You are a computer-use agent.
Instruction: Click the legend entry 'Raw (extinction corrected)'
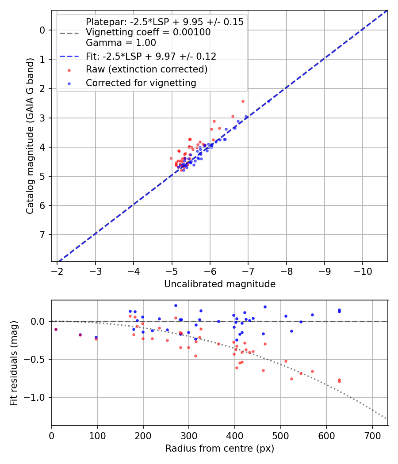[146, 69]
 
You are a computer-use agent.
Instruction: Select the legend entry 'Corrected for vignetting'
[141, 83]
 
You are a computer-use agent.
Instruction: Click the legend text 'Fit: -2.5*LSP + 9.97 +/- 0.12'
[151, 56]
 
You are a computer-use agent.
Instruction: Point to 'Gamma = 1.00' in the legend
[121, 43]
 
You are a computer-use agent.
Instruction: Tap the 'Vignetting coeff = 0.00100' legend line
[148, 32]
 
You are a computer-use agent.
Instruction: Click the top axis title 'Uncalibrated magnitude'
[220, 284]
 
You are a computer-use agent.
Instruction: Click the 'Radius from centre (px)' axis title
[220, 449]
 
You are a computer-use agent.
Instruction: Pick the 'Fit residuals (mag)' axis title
[14, 363]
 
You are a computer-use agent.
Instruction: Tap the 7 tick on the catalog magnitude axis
[42, 235]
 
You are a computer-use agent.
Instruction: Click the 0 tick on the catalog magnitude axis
[42, 30]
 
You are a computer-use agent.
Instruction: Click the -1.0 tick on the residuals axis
[37, 397]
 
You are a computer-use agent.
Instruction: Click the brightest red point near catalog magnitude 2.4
[243, 101]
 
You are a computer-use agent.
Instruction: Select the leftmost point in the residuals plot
[56, 329]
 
